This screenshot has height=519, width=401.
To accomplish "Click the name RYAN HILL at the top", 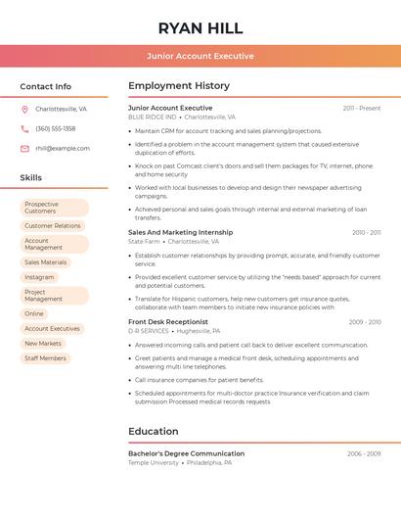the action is click(x=200, y=27).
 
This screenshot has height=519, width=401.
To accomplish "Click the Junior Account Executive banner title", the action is click(x=200, y=56).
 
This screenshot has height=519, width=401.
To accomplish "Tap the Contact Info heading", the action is click(x=45, y=86).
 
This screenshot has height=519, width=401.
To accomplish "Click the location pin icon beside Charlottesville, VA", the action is click(x=24, y=109).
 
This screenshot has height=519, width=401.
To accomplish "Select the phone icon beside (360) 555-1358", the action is click(x=24, y=128).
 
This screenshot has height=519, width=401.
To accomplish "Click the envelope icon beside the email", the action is click(x=24, y=149).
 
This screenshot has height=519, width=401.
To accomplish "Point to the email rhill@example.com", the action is click(x=63, y=149).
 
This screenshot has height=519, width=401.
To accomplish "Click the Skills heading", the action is click(x=30, y=178).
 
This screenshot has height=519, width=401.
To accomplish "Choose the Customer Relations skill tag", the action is click(x=53, y=226).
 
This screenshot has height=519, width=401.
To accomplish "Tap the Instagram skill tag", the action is click(x=39, y=277).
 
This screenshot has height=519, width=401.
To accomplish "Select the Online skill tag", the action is click(x=34, y=313).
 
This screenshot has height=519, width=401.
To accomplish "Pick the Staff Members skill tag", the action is click(x=45, y=358).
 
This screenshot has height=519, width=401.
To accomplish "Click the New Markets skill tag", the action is click(x=43, y=344).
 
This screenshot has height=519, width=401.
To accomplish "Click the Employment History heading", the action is click(x=179, y=86).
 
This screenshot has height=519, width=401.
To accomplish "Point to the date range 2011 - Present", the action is click(x=362, y=109).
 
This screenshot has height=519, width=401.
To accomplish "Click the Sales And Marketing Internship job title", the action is click(x=180, y=232).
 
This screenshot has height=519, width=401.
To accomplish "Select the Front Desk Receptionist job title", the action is click(x=167, y=322).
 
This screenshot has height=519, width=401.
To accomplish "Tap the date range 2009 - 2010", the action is click(x=364, y=322).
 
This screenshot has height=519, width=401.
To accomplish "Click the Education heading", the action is click(x=153, y=431).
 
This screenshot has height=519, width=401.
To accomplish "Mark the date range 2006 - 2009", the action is click(x=364, y=454).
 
